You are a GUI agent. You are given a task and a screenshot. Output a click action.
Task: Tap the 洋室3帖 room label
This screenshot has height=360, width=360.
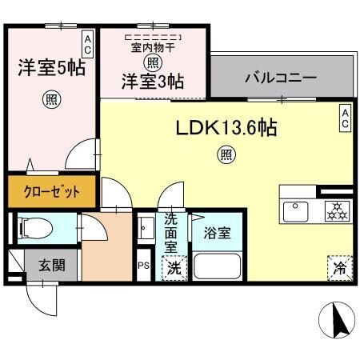(x=153, y=81)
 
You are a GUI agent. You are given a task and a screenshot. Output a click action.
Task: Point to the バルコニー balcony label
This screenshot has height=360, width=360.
(x=279, y=79)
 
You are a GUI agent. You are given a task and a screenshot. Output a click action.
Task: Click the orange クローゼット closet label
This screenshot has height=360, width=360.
(x=50, y=191)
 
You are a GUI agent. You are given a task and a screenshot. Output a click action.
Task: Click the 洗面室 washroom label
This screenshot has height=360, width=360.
(x=172, y=233)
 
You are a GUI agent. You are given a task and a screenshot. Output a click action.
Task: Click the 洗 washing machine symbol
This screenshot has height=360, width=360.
(x=173, y=269)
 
